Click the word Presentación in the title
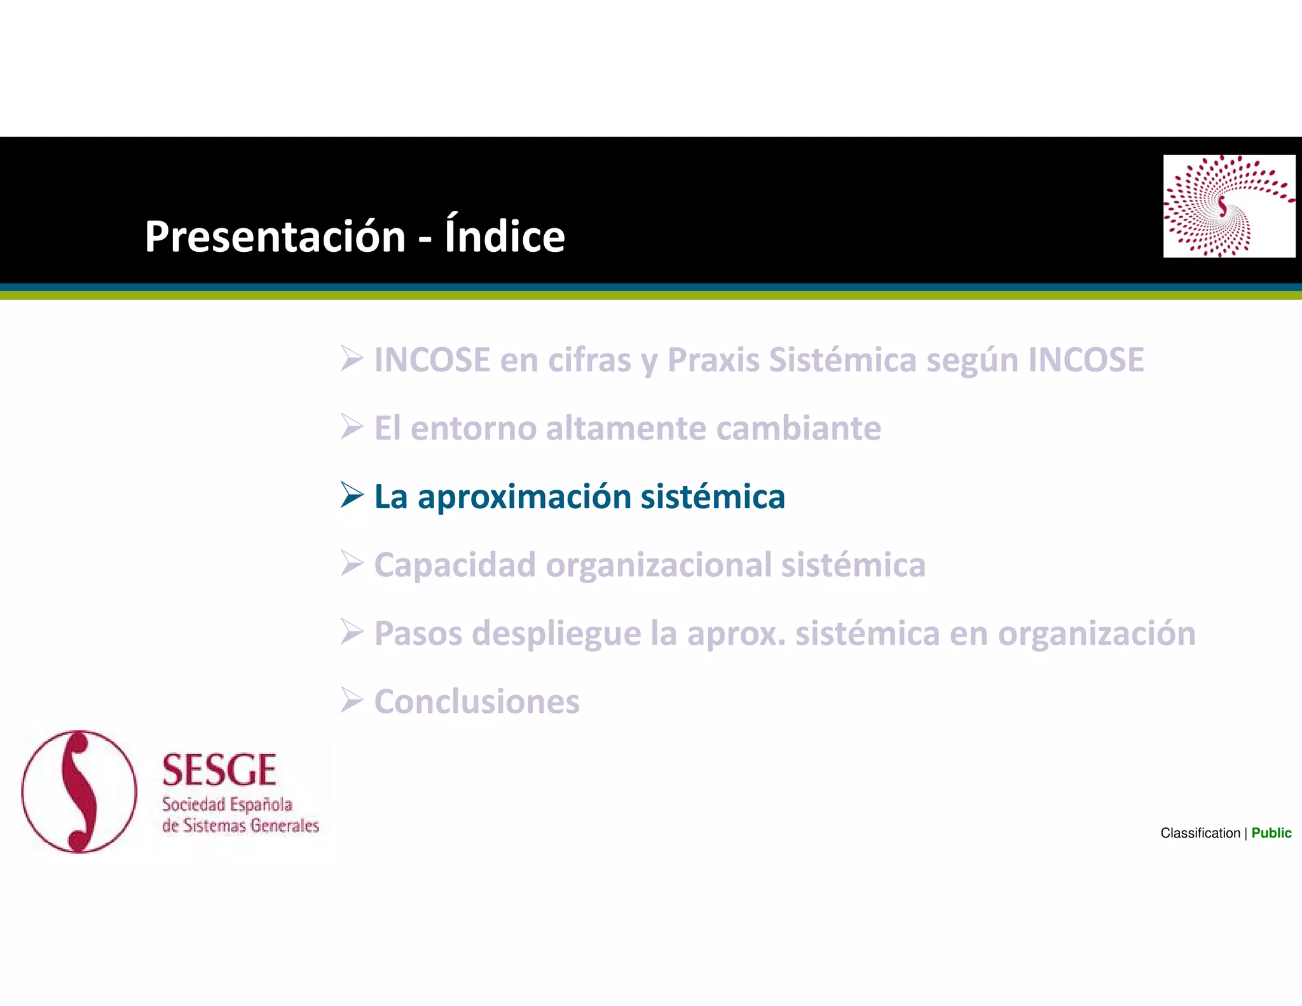point(275,237)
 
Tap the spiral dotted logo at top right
point(1228,206)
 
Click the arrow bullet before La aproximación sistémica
point(352,495)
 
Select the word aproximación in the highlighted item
point(524,497)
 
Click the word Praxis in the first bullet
point(713,361)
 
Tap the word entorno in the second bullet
point(473,429)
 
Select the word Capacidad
point(455,566)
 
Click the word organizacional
point(658,566)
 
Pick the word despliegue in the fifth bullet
point(556,634)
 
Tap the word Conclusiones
point(477,702)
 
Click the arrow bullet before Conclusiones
point(352,701)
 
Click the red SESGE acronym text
point(219,771)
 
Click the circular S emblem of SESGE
point(79,792)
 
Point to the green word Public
point(1271,833)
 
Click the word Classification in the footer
point(1200,833)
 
